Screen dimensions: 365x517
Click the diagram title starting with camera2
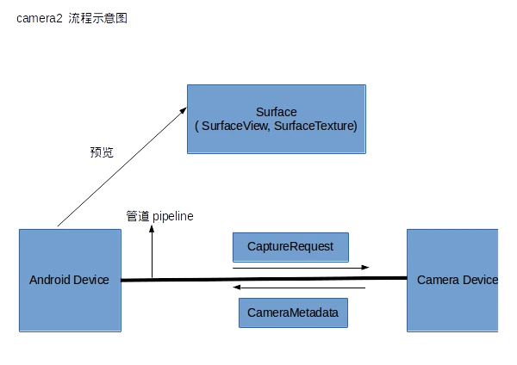pyautogui.click(x=72, y=19)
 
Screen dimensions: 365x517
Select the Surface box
pyautogui.click(x=277, y=120)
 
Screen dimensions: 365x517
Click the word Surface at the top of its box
pyautogui.click(x=277, y=112)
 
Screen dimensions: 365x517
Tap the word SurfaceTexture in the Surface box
pyautogui.click(x=315, y=126)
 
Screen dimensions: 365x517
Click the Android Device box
pyautogui.click(x=69, y=280)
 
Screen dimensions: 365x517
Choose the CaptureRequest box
pyautogui.click(x=290, y=247)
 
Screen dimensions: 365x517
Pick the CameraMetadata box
pyautogui.click(x=293, y=312)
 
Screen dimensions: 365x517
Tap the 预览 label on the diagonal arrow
pyautogui.click(x=102, y=152)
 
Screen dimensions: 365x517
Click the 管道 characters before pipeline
pyautogui.click(x=138, y=216)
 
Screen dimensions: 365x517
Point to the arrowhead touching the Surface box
pyautogui.click(x=183, y=108)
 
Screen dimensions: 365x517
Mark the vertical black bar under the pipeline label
pyautogui.click(x=155, y=251)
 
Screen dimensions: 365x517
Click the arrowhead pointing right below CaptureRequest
pyautogui.click(x=366, y=267)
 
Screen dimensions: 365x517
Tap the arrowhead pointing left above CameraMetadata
pyautogui.click(x=237, y=285)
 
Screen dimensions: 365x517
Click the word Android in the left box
pyautogui.click(x=50, y=280)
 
